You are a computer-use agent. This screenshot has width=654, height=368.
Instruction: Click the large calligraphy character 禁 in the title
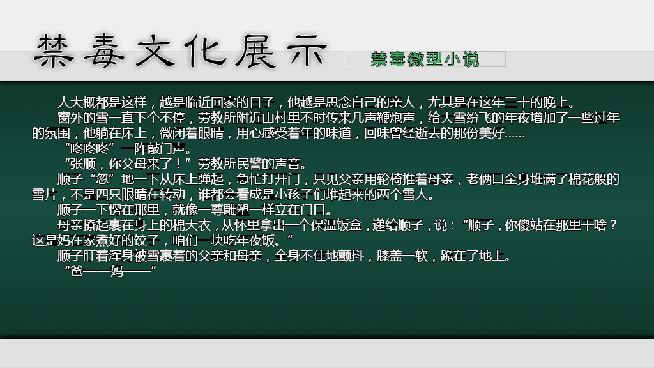coord(53,51)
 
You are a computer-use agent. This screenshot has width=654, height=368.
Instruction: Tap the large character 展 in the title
coord(255,51)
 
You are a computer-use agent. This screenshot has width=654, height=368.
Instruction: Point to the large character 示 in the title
coord(307,51)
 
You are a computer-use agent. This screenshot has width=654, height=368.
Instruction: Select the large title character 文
coord(155,51)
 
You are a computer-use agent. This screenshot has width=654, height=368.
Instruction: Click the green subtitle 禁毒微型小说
coord(425,59)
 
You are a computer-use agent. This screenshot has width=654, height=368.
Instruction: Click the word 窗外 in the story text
coord(70,118)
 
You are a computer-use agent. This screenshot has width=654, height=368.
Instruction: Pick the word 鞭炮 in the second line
coord(389,118)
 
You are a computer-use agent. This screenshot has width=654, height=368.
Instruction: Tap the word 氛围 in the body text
coord(57,133)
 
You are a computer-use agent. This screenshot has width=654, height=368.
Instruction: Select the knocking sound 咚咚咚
coord(89,148)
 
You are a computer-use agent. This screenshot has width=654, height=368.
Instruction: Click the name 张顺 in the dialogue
coord(83,164)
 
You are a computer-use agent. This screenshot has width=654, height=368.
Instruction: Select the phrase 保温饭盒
coord(336,226)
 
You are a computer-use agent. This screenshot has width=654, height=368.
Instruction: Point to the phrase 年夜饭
coord(255,241)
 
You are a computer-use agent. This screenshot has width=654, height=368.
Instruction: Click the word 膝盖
coord(389,256)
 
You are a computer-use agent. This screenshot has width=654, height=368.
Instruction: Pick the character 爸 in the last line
coord(77,271)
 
